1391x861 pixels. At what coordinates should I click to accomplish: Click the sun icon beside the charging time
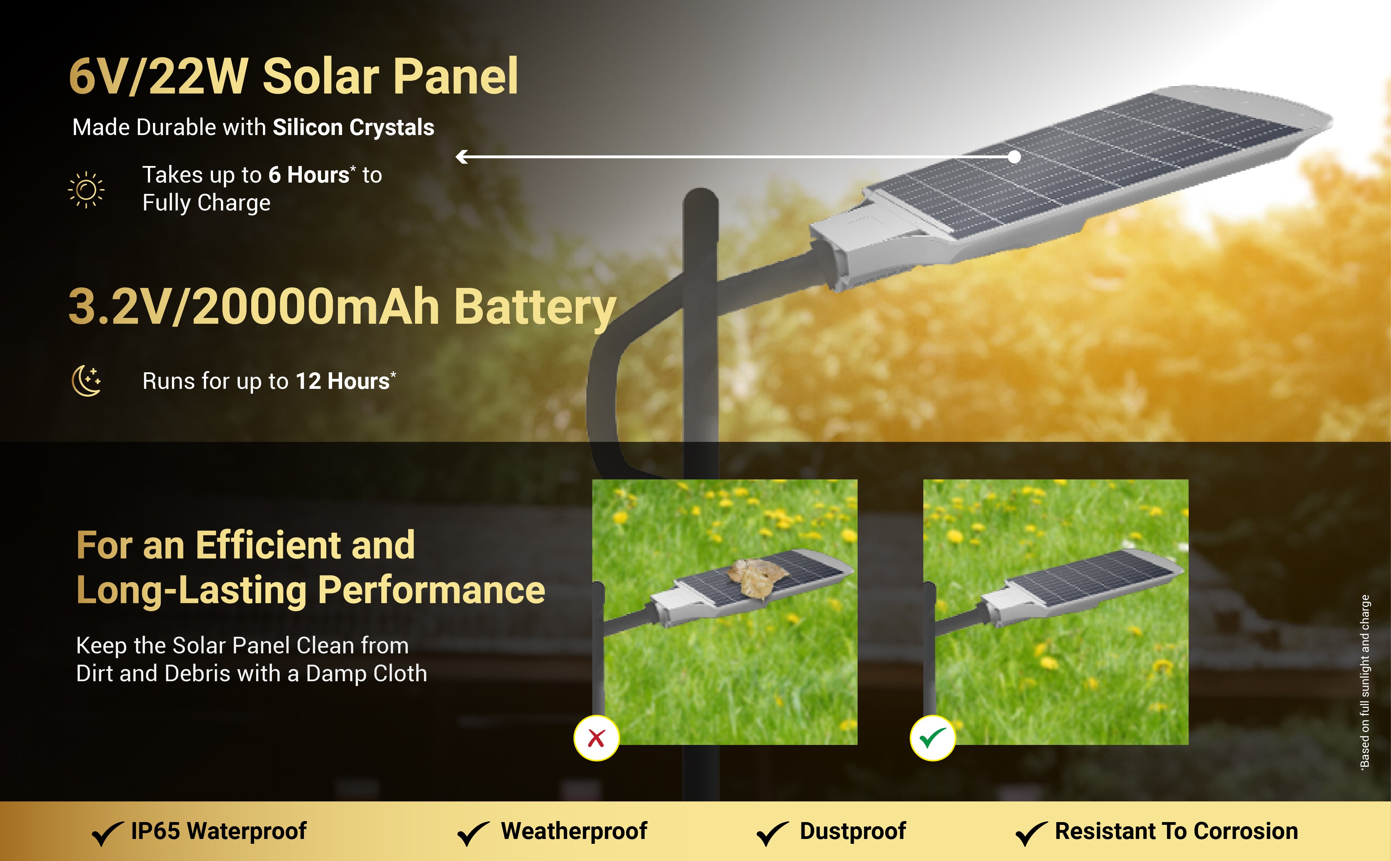pos(86,190)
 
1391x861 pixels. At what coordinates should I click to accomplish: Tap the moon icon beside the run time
pos(86,380)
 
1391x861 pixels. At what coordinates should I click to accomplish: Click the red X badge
pos(596,738)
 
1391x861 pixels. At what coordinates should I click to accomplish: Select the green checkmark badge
pos(933,738)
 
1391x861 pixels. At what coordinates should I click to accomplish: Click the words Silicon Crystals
pos(353,127)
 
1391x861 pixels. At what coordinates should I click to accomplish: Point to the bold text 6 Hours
pos(309,175)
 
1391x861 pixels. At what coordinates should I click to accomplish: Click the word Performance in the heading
pos(431,591)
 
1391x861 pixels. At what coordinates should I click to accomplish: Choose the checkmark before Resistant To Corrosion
pos(1031,834)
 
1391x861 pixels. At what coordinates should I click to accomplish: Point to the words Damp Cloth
pos(367,674)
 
